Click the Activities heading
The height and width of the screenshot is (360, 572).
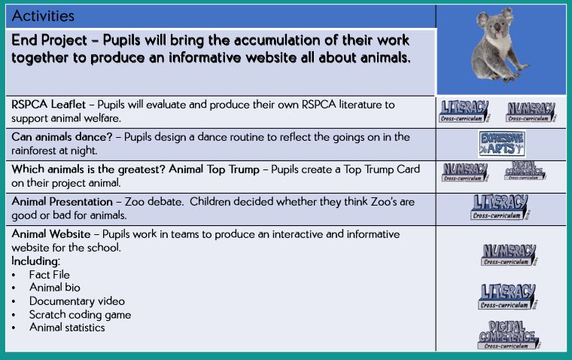click(43, 16)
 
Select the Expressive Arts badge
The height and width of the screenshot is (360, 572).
click(502, 144)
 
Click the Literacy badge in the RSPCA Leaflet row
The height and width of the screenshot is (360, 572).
click(464, 111)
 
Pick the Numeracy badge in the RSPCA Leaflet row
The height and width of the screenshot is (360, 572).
click(531, 111)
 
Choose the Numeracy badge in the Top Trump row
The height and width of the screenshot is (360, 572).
click(464, 172)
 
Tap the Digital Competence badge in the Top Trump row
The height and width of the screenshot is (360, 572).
click(525, 171)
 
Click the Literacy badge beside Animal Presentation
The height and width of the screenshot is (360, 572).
click(500, 207)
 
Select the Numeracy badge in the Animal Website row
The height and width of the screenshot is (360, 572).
click(509, 255)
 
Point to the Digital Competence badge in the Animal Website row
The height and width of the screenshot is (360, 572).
click(509, 335)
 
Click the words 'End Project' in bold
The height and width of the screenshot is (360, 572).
click(49, 41)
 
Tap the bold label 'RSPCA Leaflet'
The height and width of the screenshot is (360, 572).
click(48, 105)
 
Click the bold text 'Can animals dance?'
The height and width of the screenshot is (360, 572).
click(62, 137)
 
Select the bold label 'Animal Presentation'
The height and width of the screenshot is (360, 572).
click(62, 202)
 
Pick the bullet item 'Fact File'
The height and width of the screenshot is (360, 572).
click(49, 275)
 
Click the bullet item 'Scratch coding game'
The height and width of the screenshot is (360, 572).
click(80, 315)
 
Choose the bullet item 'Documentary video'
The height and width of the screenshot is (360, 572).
click(77, 301)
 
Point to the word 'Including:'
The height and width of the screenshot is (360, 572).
click(36, 261)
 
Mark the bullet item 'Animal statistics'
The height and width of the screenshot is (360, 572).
click(67, 328)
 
